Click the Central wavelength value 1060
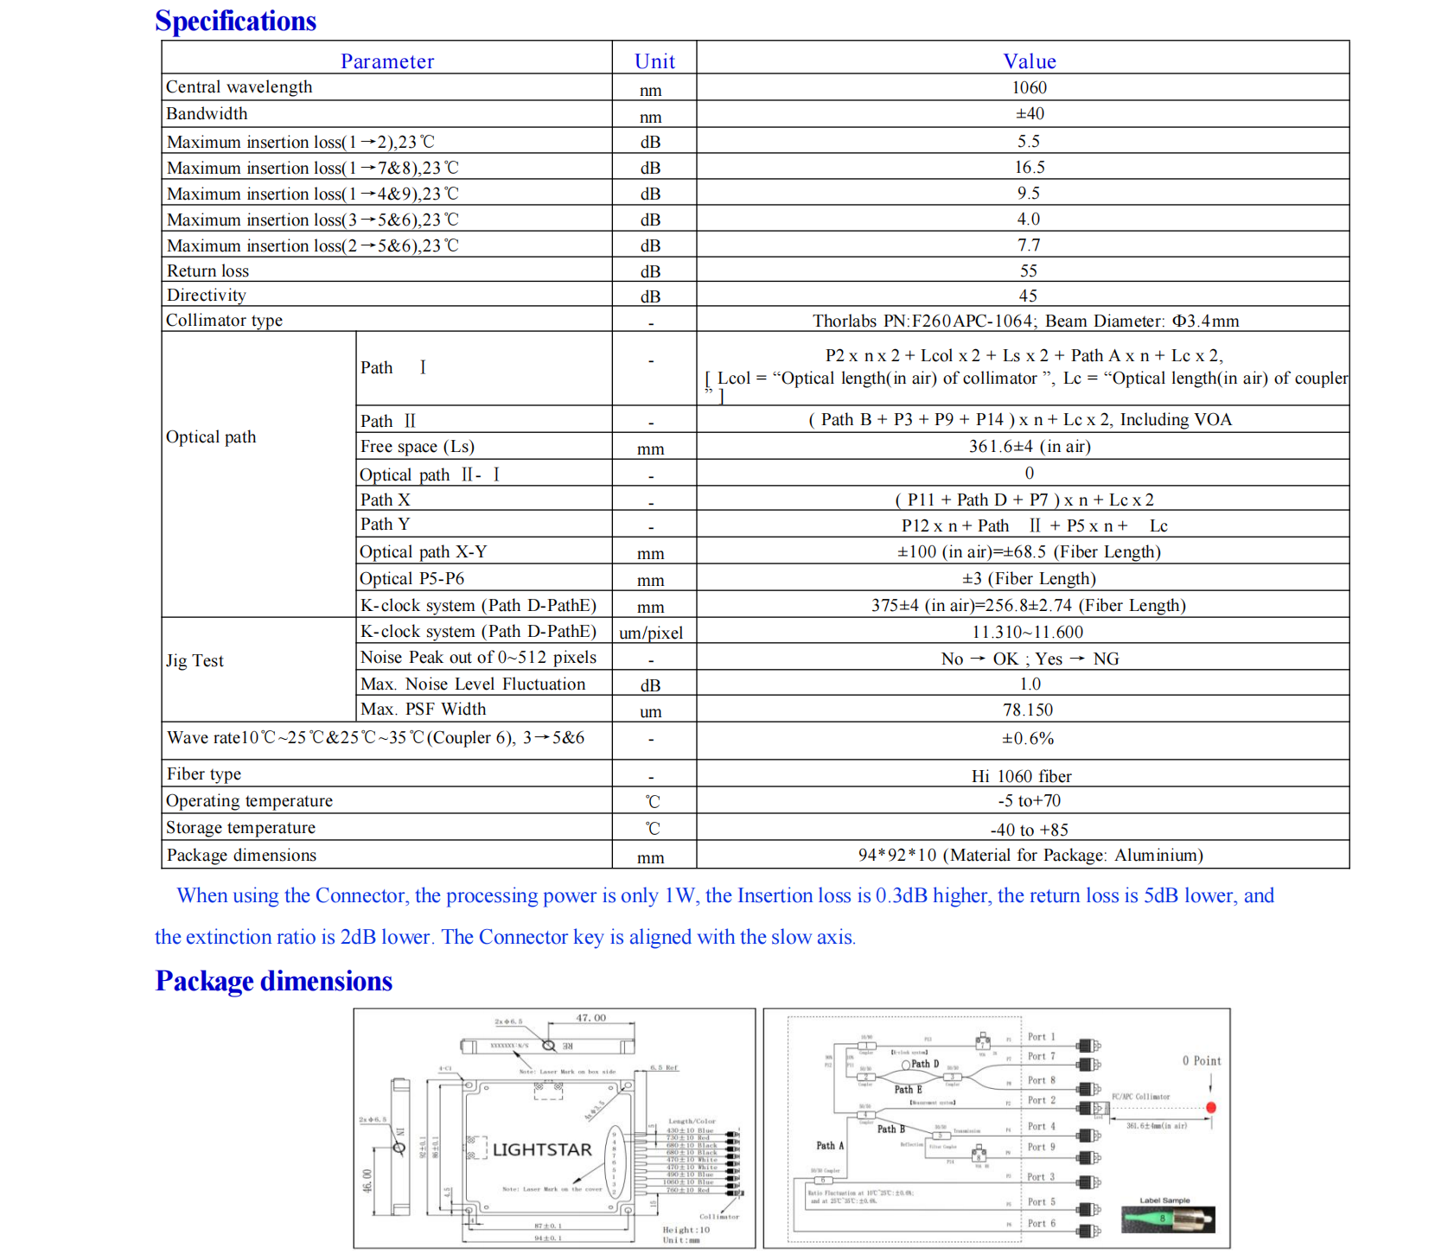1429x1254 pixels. (x=1029, y=87)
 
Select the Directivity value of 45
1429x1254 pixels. (x=1028, y=296)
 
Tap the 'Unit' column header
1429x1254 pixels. (x=654, y=61)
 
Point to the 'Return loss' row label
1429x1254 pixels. (x=207, y=271)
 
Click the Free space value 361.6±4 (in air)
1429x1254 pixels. (x=1029, y=447)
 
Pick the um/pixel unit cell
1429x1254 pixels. (x=651, y=633)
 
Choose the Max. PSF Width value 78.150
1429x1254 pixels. (x=1028, y=710)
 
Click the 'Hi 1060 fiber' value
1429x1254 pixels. (x=1021, y=776)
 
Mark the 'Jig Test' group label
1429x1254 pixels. (x=195, y=660)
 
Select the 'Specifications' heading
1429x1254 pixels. (x=235, y=21)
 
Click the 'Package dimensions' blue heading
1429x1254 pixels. (x=273, y=981)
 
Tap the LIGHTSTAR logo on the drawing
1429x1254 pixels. (x=542, y=1149)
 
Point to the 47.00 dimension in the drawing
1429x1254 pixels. (x=591, y=1018)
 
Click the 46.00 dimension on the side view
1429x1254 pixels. (x=367, y=1180)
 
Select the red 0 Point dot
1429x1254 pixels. (x=1211, y=1107)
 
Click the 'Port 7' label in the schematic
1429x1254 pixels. (x=1041, y=1056)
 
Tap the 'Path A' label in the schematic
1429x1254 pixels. (x=830, y=1145)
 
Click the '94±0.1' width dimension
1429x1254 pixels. (x=547, y=1238)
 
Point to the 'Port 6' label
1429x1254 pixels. (x=1041, y=1223)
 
